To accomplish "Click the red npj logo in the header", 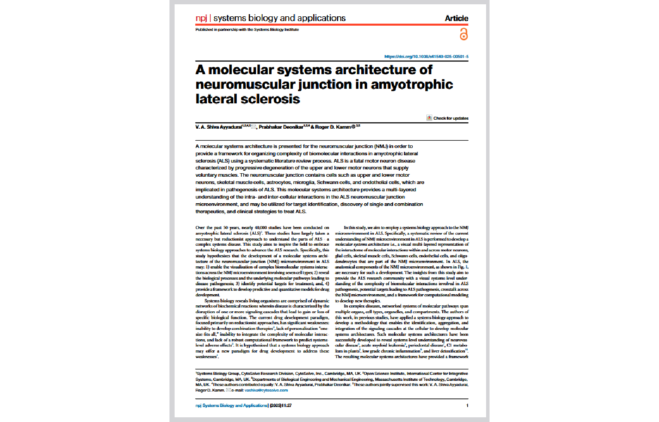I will click(x=201, y=18).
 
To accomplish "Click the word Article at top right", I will click(x=456, y=18).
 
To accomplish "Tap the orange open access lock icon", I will click(x=463, y=34).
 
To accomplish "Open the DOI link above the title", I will click(x=426, y=57).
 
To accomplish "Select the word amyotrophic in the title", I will click(x=411, y=84).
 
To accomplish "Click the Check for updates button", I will click(x=447, y=118).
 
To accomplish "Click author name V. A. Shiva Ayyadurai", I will click(x=219, y=127).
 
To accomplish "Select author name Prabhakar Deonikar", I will click(x=281, y=127).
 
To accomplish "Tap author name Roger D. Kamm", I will click(x=333, y=127).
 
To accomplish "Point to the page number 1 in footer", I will click(x=467, y=405).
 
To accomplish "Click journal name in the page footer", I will click(x=232, y=405).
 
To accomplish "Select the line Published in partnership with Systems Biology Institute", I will click(x=247, y=30).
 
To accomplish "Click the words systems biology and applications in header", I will click(x=279, y=18).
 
